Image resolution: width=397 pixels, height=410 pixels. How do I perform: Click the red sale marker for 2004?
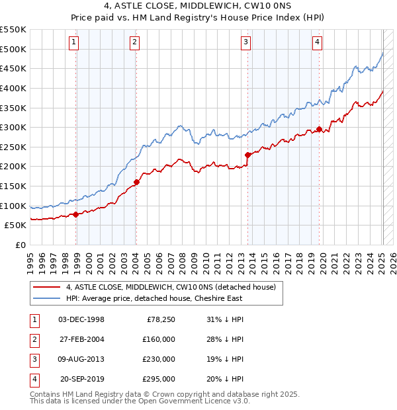[x=136, y=182]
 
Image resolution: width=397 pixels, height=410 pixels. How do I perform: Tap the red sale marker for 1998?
[x=75, y=214]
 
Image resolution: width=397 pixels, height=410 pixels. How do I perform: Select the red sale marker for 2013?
[x=247, y=155]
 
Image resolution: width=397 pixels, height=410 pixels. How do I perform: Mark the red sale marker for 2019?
[x=319, y=130]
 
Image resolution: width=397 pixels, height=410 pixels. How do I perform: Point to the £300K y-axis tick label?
[x=13, y=127]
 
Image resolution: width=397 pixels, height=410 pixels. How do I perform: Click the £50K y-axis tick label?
[x=15, y=225]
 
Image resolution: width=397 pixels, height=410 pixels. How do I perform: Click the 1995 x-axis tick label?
[x=30, y=258]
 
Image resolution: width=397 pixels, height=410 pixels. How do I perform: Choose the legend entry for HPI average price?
[x=154, y=298]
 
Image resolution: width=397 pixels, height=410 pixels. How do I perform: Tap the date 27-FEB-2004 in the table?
[x=81, y=339]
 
